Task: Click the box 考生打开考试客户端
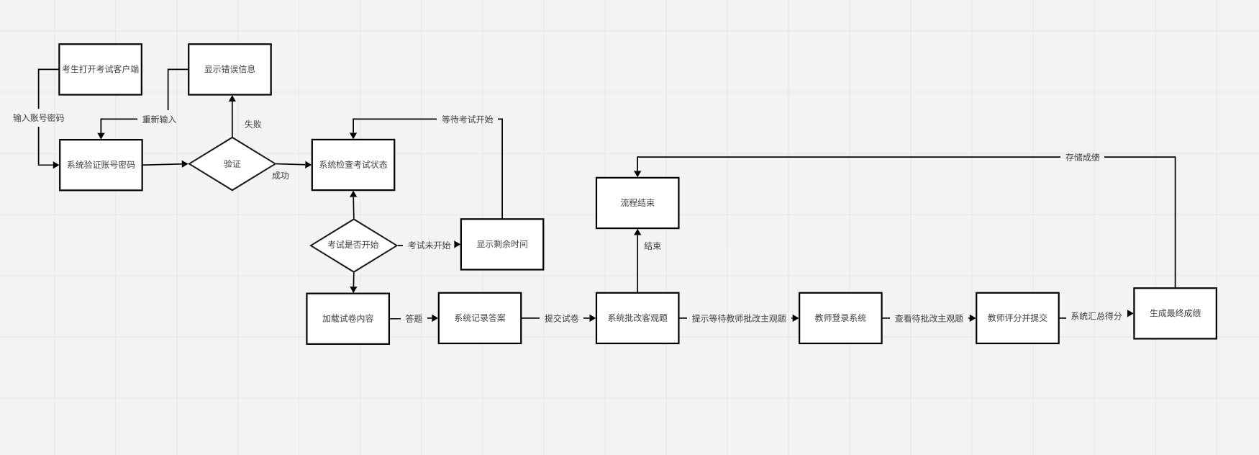click(x=100, y=69)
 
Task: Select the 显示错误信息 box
click(x=229, y=69)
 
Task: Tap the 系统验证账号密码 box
click(x=101, y=165)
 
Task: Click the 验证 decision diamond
click(x=232, y=164)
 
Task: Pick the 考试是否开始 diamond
click(x=353, y=245)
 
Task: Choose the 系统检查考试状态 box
click(x=353, y=165)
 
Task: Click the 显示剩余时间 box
click(x=502, y=244)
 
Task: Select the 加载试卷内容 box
click(x=347, y=318)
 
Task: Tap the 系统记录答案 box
click(x=480, y=318)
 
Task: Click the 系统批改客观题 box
click(x=637, y=318)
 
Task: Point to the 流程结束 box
click(x=637, y=203)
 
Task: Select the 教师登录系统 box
click(x=840, y=318)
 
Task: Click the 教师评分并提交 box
click(x=1017, y=318)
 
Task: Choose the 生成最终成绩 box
click(x=1175, y=313)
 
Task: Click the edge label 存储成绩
click(x=1082, y=158)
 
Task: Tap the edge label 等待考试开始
click(x=467, y=120)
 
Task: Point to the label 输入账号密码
click(x=39, y=118)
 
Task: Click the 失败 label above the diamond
click(x=253, y=125)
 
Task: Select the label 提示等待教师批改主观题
click(x=739, y=318)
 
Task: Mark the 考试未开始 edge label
click(x=429, y=245)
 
